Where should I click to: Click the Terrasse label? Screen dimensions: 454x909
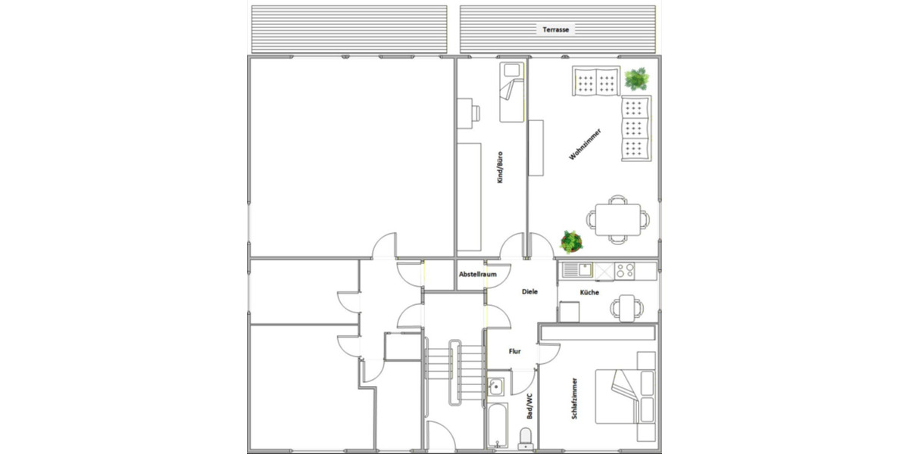pyautogui.click(x=556, y=30)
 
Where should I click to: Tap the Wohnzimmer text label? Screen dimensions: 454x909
pyautogui.click(x=585, y=144)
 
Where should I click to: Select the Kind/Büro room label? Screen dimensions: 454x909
pyautogui.click(x=500, y=168)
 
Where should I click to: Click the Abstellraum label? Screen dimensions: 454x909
pyautogui.click(x=478, y=275)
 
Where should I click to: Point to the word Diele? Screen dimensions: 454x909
pyautogui.click(x=529, y=291)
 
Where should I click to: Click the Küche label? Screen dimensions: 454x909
pyautogui.click(x=590, y=292)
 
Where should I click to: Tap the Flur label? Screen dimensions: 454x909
pyautogui.click(x=514, y=351)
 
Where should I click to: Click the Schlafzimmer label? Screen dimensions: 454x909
pyautogui.click(x=576, y=398)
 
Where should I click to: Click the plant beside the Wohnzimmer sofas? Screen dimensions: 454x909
pyautogui.click(x=637, y=78)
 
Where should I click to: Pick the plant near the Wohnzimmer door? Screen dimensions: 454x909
pyautogui.click(x=571, y=242)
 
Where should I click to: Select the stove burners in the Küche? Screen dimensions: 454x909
pyautogui.click(x=625, y=269)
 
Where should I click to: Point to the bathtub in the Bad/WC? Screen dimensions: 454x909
pyautogui.click(x=498, y=423)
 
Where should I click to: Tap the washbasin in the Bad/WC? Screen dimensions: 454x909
pyautogui.click(x=495, y=387)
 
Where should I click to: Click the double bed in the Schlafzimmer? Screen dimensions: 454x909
pyautogui.click(x=623, y=395)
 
